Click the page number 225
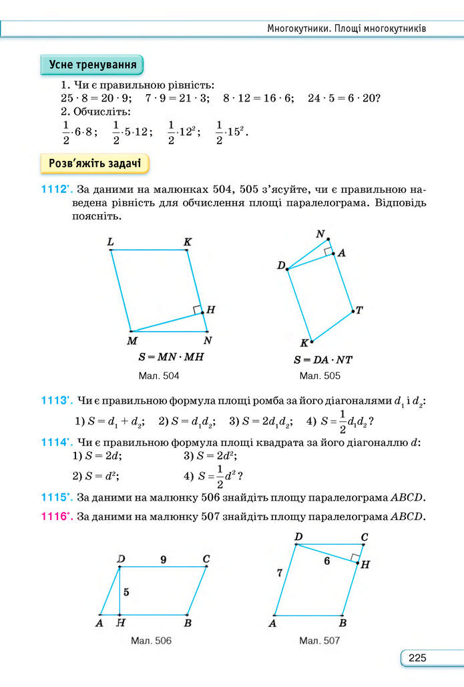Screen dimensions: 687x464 pyautogui.click(x=417, y=658)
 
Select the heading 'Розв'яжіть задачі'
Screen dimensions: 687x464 pyautogui.click(x=94, y=164)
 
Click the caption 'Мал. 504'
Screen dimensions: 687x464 pyautogui.click(x=159, y=377)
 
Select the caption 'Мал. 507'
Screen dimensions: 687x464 pyautogui.click(x=319, y=641)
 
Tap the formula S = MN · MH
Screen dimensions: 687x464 pyautogui.click(x=168, y=357)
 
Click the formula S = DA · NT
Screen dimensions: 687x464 pyautogui.click(x=323, y=360)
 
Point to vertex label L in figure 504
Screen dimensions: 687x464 pyautogui.click(x=110, y=242)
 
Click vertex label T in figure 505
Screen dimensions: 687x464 pyautogui.click(x=359, y=310)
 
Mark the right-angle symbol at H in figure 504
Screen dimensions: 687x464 pyautogui.click(x=197, y=309)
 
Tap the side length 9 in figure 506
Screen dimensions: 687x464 pyautogui.click(x=163, y=559)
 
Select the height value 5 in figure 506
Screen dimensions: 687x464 pyautogui.click(x=126, y=592)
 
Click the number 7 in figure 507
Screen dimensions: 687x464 pyautogui.click(x=280, y=572)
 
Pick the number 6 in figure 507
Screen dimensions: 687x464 pyautogui.click(x=326, y=561)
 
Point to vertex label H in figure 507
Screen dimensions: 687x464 pyautogui.click(x=365, y=564)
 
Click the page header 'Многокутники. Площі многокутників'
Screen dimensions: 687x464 pyautogui.click(x=346, y=29)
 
